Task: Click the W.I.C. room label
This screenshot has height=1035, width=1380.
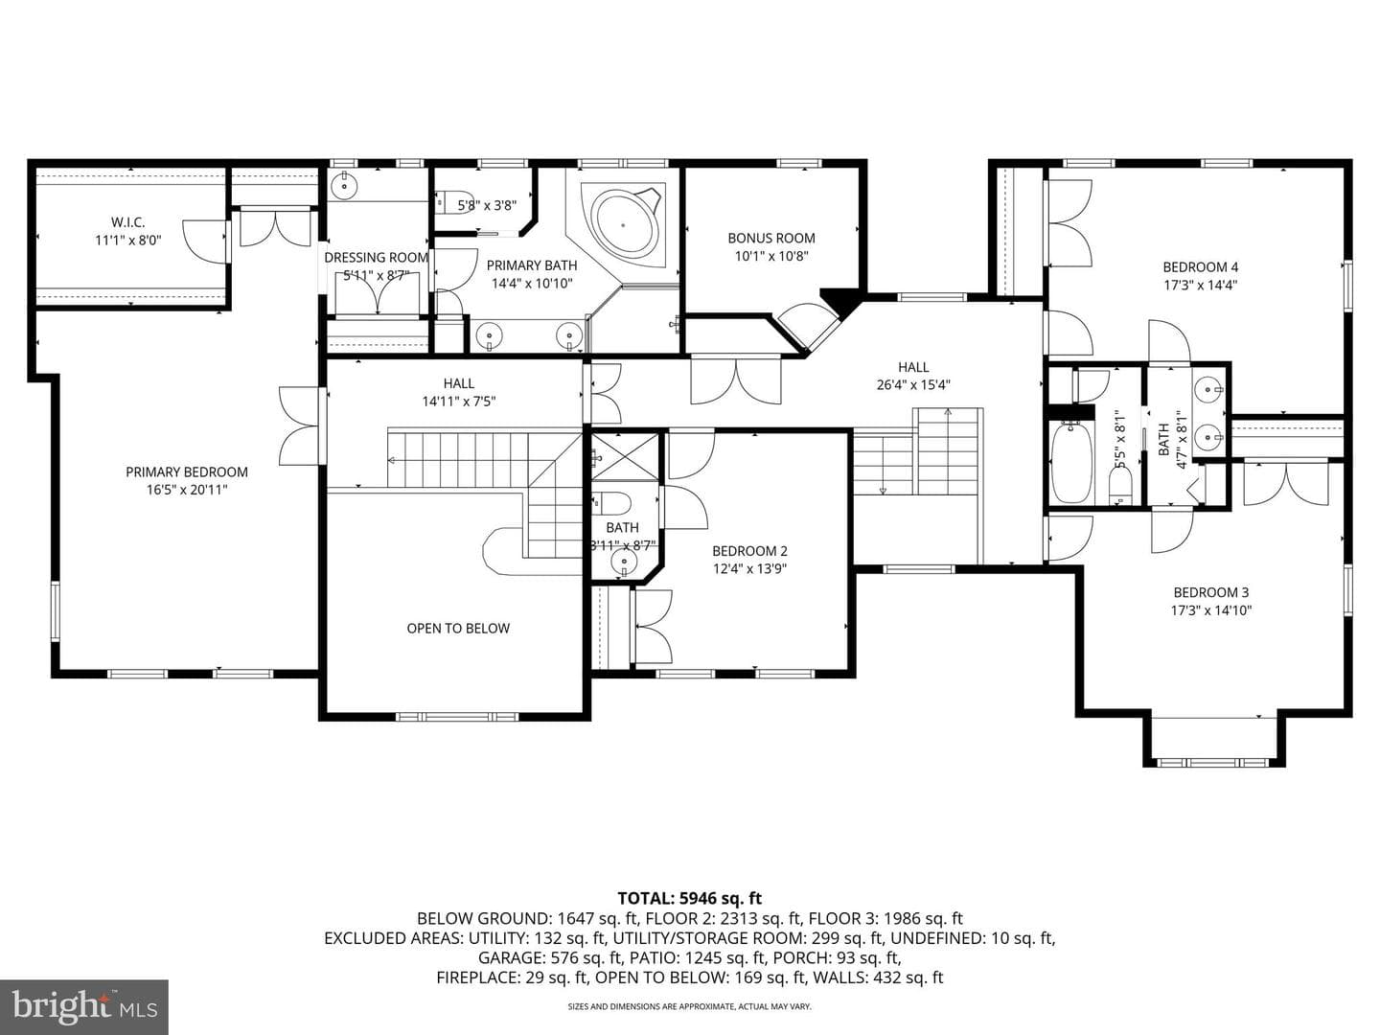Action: (128, 221)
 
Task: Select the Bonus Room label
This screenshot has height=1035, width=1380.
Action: (771, 239)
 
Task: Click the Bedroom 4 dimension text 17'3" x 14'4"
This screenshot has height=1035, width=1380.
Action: (1200, 285)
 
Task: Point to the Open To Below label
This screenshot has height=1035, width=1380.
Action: (458, 629)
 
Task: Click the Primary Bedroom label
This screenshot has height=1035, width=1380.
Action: (187, 471)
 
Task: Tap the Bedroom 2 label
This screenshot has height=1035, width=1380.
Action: (749, 551)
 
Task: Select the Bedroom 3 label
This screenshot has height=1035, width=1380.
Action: (1211, 592)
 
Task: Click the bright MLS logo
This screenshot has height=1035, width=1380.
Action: (84, 1006)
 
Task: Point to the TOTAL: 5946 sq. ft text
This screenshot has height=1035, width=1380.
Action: (690, 898)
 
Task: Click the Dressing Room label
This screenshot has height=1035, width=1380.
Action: (376, 257)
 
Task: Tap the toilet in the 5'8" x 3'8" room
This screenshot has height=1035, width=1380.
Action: (456, 200)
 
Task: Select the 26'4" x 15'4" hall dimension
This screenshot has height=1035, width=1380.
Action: (913, 384)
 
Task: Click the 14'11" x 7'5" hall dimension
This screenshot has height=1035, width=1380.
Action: (459, 401)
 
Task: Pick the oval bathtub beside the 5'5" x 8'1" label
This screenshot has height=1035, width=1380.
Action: (1070, 463)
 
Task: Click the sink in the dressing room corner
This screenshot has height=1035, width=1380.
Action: (344, 185)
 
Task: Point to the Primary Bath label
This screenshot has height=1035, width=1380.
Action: (532, 265)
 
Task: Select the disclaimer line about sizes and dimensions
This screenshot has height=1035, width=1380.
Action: (690, 1006)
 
